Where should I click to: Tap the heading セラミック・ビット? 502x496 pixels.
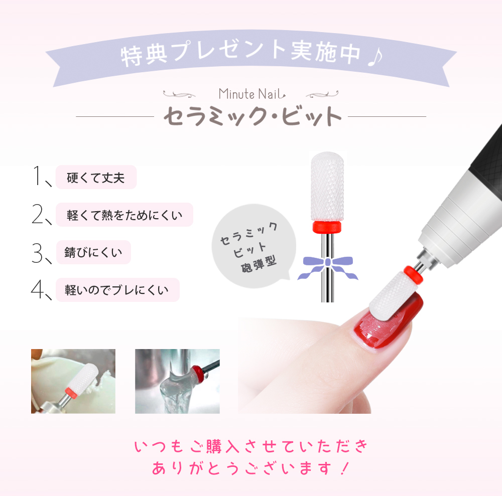252,117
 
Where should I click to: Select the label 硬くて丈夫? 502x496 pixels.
95,177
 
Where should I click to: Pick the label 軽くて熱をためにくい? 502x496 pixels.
124,215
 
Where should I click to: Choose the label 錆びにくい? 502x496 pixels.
93,252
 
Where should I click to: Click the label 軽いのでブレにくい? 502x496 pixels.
117,290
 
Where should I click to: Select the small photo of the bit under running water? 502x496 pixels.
177,381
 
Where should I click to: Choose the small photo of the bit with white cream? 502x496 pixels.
73,381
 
